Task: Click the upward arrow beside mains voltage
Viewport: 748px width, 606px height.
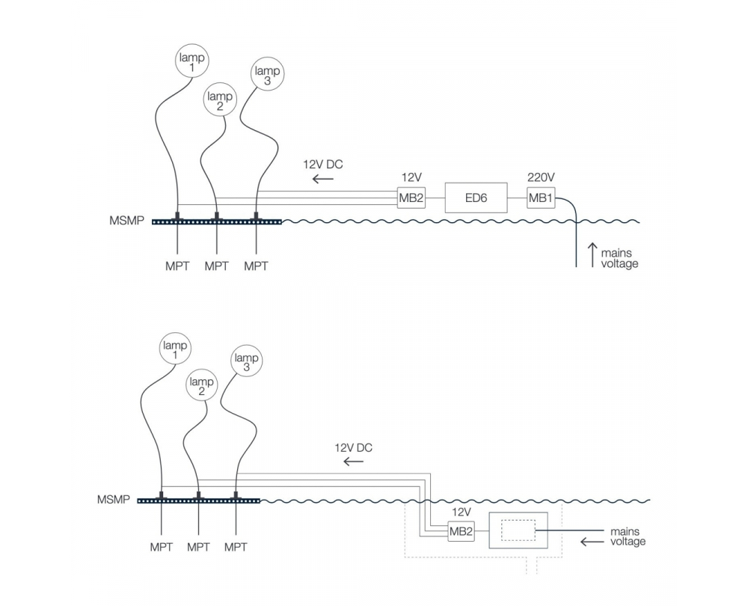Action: [x=592, y=255]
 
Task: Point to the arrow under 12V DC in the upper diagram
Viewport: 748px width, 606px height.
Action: [x=323, y=180]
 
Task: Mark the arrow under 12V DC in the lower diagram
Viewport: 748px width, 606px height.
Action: [x=354, y=462]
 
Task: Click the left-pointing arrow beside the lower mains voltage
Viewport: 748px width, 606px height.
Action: [x=592, y=542]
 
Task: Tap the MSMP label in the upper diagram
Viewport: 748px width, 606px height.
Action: [x=126, y=221]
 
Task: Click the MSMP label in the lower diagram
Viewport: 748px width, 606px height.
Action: [x=114, y=500]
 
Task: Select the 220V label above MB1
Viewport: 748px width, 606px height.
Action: [x=541, y=177]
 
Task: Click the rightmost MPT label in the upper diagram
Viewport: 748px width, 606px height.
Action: [x=256, y=266]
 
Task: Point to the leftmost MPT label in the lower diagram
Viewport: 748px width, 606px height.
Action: [x=162, y=548]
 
